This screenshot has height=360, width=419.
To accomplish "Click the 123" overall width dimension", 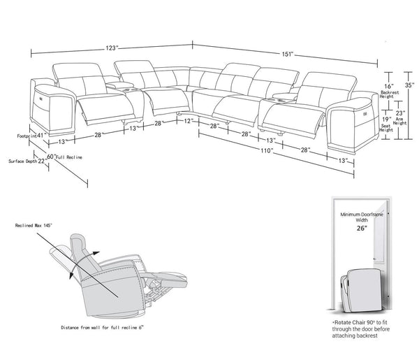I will click(x=111, y=48).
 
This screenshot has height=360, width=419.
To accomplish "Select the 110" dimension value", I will click(x=266, y=150).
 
